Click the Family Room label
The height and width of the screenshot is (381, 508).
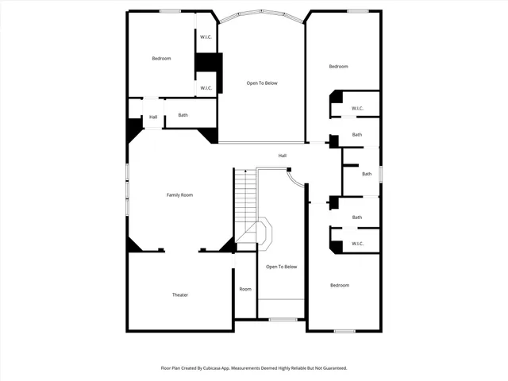(x=179, y=194)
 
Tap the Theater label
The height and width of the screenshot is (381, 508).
(x=180, y=294)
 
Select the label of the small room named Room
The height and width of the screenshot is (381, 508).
(x=245, y=289)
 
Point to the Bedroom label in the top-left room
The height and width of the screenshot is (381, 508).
(x=162, y=58)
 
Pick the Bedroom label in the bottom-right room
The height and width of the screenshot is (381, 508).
(x=340, y=285)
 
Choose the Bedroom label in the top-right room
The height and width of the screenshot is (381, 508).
(x=339, y=67)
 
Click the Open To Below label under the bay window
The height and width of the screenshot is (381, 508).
(x=262, y=83)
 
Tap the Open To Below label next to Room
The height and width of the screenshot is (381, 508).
(x=281, y=267)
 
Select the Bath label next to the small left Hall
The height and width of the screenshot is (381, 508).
(x=183, y=115)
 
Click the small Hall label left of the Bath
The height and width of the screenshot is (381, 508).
(x=153, y=117)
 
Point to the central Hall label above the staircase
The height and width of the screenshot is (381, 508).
(x=282, y=156)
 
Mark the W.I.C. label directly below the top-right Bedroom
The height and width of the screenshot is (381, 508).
(x=357, y=108)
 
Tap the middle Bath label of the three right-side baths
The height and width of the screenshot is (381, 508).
(x=367, y=174)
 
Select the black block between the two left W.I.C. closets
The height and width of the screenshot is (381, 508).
(x=208, y=63)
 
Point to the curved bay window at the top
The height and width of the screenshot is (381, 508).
(x=262, y=13)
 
